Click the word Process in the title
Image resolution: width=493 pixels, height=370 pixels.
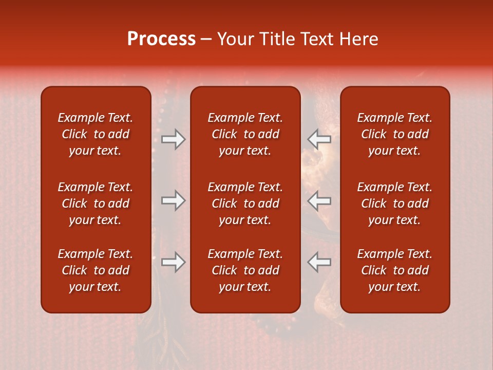pyautogui.click(x=161, y=39)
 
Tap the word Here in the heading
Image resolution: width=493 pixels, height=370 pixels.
pyautogui.click(x=359, y=39)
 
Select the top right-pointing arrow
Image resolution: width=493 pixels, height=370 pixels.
pyautogui.click(x=174, y=139)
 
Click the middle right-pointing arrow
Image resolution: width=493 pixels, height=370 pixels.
pyautogui.click(x=174, y=200)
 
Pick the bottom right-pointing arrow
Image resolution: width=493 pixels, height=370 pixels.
pyautogui.click(x=174, y=262)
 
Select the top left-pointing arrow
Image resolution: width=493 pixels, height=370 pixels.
pyautogui.click(x=319, y=139)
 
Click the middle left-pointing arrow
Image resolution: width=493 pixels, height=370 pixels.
pyautogui.click(x=319, y=200)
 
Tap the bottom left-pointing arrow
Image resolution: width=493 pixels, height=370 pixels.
pyautogui.click(x=319, y=262)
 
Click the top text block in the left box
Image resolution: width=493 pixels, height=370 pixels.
pyautogui.click(x=96, y=134)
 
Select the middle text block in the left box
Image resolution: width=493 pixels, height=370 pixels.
pyautogui.click(x=96, y=203)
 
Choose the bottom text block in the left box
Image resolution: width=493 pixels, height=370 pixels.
pyautogui.click(x=96, y=270)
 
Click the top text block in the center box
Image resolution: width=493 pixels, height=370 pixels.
pyautogui.click(x=245, y=134)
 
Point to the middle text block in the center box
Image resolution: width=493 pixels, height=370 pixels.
pyautogui.click(x=245, y=203)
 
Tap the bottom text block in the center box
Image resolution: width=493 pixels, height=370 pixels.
pyautogui.click(x=245, y=270)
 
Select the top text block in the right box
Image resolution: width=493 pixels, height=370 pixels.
pyautogui.click(x=394, y=134)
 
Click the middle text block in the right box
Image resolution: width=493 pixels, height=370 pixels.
pyautogui.click(x=394, y=203)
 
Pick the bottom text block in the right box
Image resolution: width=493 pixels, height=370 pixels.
pyautogui.click(x=394, y=270)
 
